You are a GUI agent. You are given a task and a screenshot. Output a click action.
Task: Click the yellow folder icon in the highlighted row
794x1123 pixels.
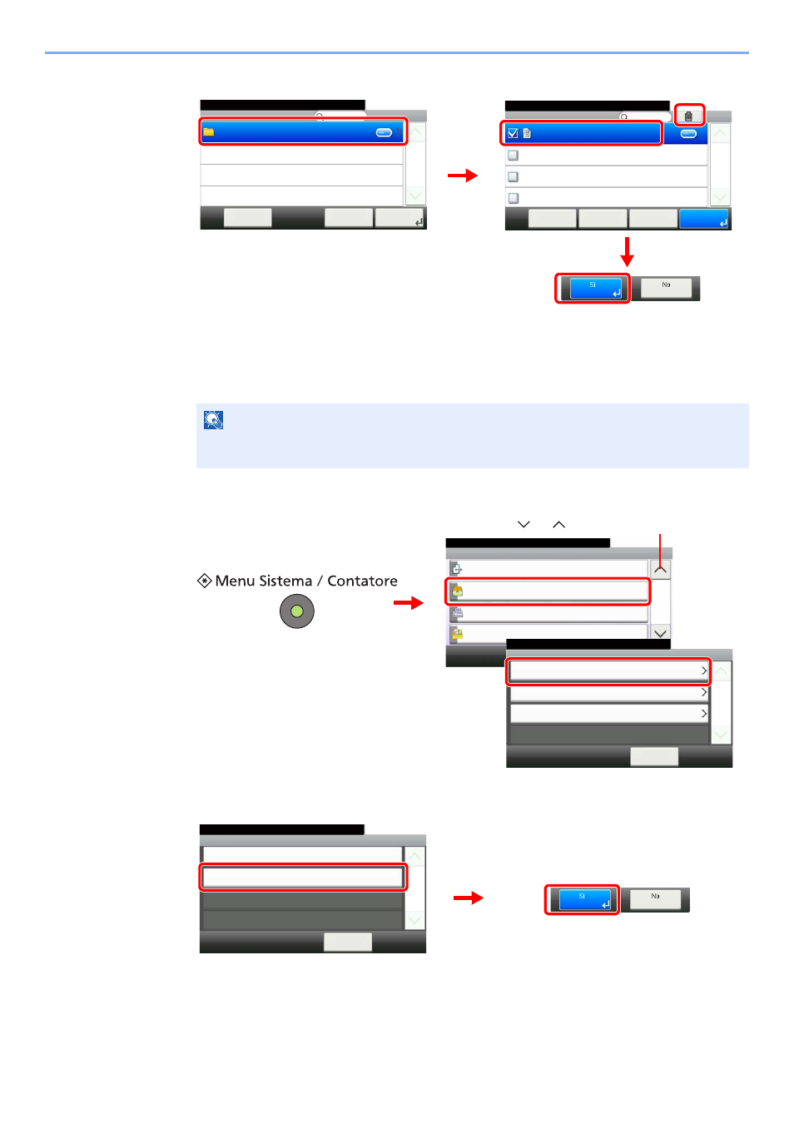[x=208, y=132]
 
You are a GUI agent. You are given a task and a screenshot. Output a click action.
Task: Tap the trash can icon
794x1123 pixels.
[x=688, y=116]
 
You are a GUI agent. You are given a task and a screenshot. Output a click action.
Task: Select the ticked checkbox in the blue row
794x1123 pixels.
[x=513, y=133]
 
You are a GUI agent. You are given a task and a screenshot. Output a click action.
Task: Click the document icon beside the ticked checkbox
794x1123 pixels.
[x=527, y=133]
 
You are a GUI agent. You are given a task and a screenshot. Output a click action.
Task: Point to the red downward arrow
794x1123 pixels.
[x=627, y=252]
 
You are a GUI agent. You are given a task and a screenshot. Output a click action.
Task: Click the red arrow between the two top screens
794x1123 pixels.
[x=462, y=176]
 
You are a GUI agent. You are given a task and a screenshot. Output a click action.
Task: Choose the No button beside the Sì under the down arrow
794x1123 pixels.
[x=666, y=288]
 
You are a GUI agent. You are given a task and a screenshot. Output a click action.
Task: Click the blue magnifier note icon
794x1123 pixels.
[x=213, y=420]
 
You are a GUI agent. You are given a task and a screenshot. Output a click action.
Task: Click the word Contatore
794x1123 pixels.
[x=362, y=581]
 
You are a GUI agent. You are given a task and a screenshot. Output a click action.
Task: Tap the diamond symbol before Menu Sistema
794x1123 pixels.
[x=204, y=581]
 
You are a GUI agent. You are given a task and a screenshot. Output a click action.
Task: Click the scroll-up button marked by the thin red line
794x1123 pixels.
[x=660, y=570]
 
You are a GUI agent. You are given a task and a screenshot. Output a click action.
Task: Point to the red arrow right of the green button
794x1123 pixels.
[x=409, y=602]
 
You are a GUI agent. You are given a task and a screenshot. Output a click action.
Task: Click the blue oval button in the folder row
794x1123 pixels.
[x=384, y=133]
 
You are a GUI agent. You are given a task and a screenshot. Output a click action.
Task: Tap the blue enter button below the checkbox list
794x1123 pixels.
[x=703, y=219]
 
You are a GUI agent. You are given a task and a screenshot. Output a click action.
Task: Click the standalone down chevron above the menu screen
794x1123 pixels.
[x=524, y=524]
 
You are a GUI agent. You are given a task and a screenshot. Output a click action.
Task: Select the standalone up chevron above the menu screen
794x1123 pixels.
[x=558, y=524]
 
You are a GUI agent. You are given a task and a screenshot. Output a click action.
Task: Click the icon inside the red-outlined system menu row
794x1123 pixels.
[x=457, y=591]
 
